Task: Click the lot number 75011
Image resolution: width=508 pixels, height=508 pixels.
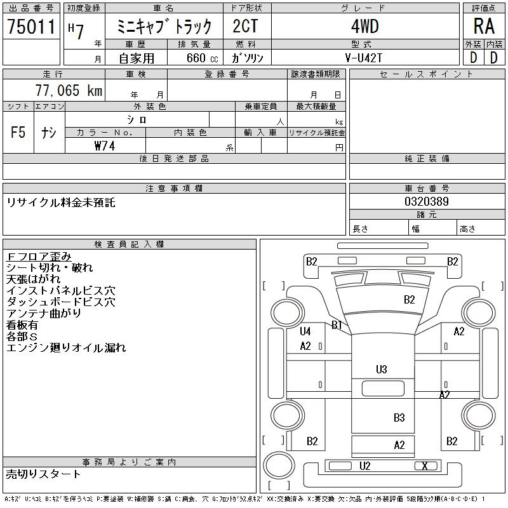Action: point(31,27)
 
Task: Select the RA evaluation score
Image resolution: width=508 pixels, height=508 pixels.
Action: point(484,26)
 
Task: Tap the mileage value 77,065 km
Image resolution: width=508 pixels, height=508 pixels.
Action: point(69,90)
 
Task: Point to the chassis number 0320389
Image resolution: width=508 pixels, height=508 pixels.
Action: point(427,201)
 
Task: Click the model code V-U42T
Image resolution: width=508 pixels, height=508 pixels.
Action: point(364,58)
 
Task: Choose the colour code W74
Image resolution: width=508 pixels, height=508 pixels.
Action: point(105,146)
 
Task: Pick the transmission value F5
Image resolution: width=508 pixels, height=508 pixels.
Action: point(18,132)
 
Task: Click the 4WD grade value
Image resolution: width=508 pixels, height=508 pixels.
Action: point(364,26)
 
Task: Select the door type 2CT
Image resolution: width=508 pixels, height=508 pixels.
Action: point(246,26)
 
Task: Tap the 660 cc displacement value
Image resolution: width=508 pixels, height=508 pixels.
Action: point(202,58)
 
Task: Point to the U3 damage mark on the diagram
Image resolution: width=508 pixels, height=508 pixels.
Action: point(382,370)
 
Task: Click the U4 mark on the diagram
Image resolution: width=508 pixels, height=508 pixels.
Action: point(305,331)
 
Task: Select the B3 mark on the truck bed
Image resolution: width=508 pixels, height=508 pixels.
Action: point(399,418)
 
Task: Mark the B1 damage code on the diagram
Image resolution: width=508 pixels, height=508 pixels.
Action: point(337,325)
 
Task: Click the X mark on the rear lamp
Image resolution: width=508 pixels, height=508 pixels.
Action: point(425,466)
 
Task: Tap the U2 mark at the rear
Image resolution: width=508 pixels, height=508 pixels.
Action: point(364,466)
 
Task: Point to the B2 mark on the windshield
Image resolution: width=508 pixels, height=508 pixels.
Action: point(409,299)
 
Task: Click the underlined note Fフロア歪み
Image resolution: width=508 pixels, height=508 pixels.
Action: point(39,257)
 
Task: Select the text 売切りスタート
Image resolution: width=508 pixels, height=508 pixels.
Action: point(43,474)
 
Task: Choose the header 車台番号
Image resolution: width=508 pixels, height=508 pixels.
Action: point(427,188)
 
